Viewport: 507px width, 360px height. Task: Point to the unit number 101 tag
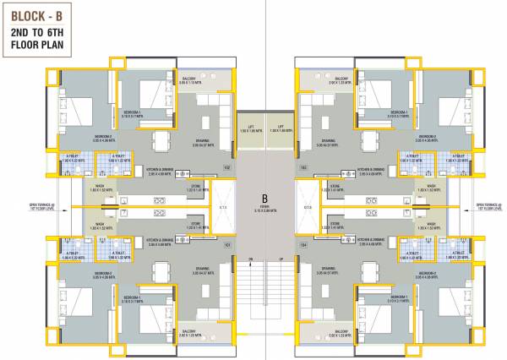(226, 246)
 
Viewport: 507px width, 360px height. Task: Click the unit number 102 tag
(226, 167)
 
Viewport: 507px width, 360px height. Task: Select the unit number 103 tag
(303, 167)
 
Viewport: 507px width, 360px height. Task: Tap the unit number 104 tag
(303, 246)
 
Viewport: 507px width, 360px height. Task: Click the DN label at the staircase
(250, 258)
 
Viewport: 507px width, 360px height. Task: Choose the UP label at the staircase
(279, 258)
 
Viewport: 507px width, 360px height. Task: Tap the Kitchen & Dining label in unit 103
(371, 170)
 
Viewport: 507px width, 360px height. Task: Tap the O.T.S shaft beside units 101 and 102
(222, 206)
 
